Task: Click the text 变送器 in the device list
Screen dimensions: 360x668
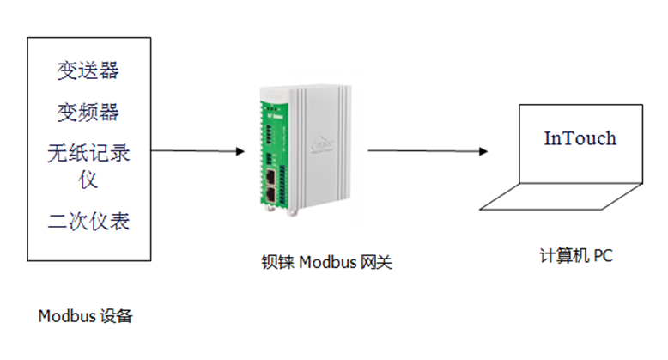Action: [x=88, y=70]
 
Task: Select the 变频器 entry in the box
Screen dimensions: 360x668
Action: [x=88, y=112]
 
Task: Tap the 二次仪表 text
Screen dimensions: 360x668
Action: [x=88, y=222]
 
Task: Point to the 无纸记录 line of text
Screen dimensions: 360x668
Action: [x=88, y=154]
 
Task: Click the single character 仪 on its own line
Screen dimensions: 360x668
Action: [x=88, y=180]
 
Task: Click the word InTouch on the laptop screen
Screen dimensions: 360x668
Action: [x=580, y=138]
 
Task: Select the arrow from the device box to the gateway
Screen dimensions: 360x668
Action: [x=198, y=152]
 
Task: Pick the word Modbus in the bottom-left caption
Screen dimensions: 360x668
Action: [x=66, y=315]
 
